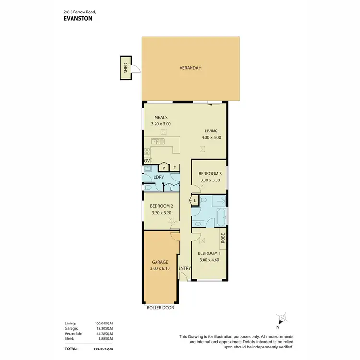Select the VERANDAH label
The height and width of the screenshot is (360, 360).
tap(191, 68)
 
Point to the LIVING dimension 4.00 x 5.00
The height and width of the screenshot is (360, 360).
tap(211, 138)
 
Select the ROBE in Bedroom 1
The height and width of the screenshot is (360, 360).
tap(223, 237)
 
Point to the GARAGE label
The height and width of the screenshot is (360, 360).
tap(160, 262)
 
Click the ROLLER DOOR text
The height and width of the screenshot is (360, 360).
tap(160, 308)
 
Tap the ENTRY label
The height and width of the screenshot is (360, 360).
tap(184, 268)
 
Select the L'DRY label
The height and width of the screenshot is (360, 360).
tap(159, 178)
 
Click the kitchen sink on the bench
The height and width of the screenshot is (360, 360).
tap(156, 142)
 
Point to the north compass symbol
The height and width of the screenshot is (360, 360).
tap(284, 318)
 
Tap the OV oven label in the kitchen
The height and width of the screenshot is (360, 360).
tap(147, 160)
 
